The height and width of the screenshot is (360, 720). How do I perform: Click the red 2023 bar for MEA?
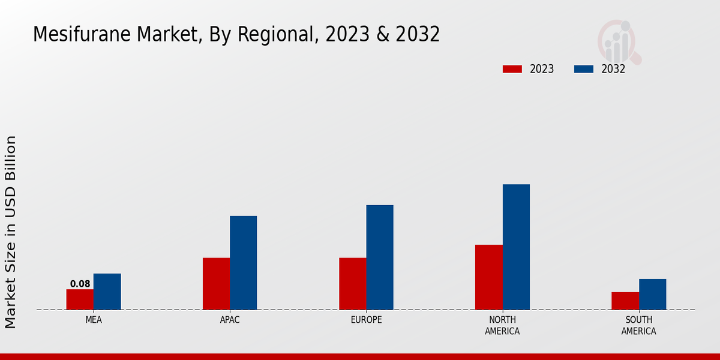pyautogui.click(x=80, y=299)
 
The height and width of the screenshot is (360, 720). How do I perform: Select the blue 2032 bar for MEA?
pyautogui.click(x=107, y=292)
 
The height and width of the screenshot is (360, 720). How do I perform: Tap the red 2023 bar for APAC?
pyautogui.click(x=216, y=284)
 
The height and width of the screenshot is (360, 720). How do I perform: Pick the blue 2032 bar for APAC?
pyautogui.click(x=243, y=263)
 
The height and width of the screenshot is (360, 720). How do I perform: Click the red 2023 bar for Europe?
pyautogui.click(x=352, y=284)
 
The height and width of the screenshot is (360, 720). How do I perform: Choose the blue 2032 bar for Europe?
pyautogui.click(x=380, y=257)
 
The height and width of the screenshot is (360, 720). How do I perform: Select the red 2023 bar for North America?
pyautogui.click(x=488, y=277)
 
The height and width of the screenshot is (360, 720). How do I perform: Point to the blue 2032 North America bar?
pyautogui.click(x=516, y=247)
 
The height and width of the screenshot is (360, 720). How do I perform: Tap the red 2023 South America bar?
pyautogui.click(x=625, y=301)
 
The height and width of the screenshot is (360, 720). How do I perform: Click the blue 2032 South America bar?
pyautogui.click(x=652, y=294)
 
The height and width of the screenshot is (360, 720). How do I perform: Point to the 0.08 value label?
pyautogui.click(x=80, y=284)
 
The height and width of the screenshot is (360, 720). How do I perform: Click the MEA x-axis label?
pyautogui.click(x=94, y=320)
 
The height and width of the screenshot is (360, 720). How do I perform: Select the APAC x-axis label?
pyautogui.click(x=230, y=320)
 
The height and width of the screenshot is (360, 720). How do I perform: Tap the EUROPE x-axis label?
pyautogui.click(x=366, y=320)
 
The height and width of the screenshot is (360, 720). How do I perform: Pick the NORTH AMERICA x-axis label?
pyautogui.click(x=502, y=325)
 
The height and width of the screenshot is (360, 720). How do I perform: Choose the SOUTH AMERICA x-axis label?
pyautogui.click(x=638, y=325)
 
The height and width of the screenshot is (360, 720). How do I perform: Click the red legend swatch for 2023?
pyautogui.click(x=512, y=69)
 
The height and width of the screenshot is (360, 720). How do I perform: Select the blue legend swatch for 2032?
pyautogui.click(x=583, y=69)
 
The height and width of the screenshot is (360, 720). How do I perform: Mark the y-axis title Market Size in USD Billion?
pyautogui.click(x=11, y=232)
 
